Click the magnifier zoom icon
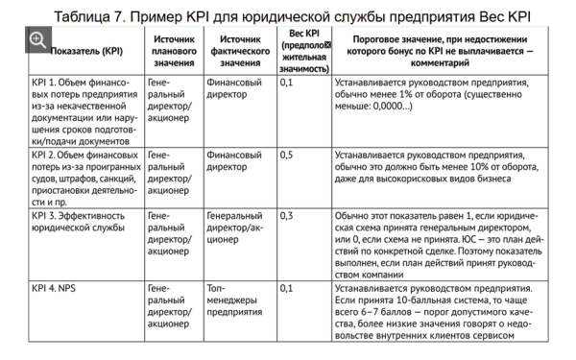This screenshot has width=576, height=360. tap(37, 41)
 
